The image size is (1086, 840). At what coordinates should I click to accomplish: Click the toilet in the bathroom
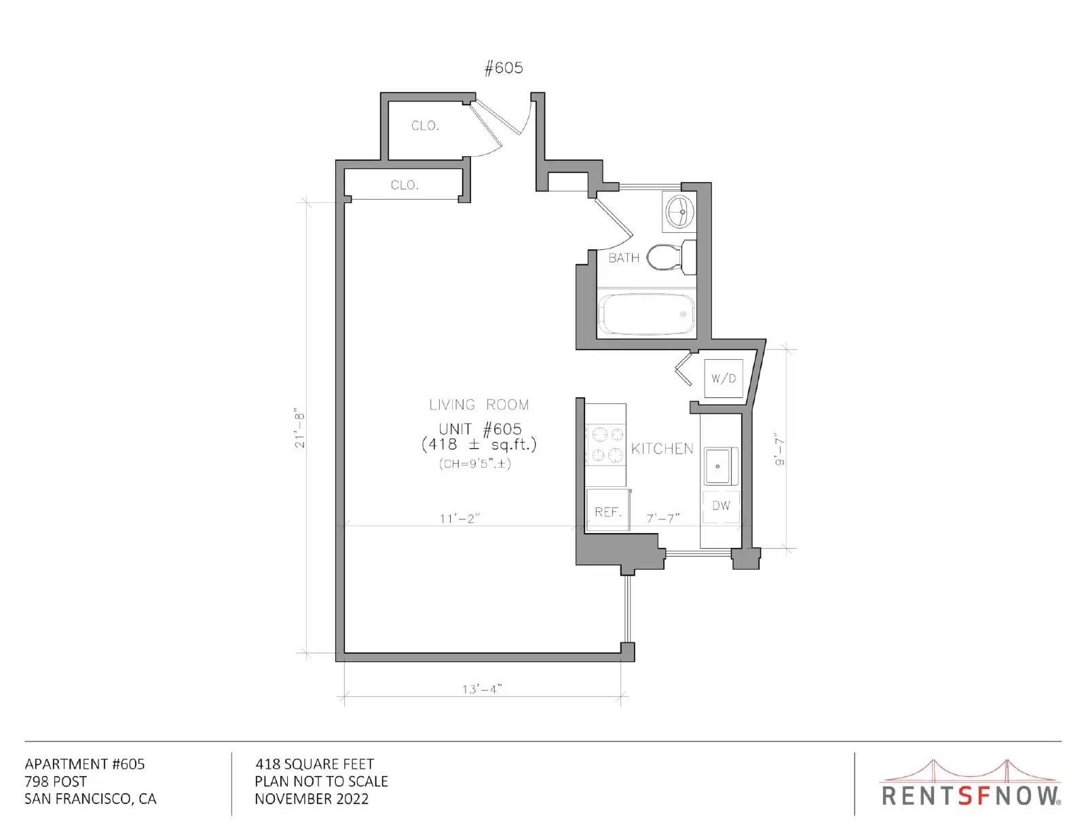(671, 257)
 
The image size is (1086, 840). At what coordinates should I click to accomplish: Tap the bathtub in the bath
(647, 314)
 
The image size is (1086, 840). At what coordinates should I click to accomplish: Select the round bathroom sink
(680, 211)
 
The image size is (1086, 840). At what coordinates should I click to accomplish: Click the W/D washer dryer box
(723, 378)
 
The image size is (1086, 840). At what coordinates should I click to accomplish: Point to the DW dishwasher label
(721, 505)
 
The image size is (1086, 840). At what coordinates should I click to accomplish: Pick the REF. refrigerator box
(607, 509)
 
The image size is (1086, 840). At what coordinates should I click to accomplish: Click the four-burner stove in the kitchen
(605, 445)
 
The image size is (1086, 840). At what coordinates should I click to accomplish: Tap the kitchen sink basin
(717, 466)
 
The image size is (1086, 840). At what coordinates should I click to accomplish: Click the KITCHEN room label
(662, 448)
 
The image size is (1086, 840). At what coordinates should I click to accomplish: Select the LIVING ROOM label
(479, 405)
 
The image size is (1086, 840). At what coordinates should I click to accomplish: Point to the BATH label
(624, 258)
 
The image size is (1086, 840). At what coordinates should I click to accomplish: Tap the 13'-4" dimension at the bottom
(482, 689)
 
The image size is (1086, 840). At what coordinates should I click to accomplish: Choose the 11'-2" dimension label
(460, 519)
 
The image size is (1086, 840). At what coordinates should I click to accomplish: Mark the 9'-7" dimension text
(779, 449)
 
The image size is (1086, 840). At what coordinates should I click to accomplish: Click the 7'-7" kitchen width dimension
(663, 518)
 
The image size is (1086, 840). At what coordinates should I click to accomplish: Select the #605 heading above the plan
(504, 67)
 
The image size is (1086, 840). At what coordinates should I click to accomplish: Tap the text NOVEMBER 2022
(312, 799)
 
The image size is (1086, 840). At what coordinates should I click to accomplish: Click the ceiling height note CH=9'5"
(474, 464)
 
